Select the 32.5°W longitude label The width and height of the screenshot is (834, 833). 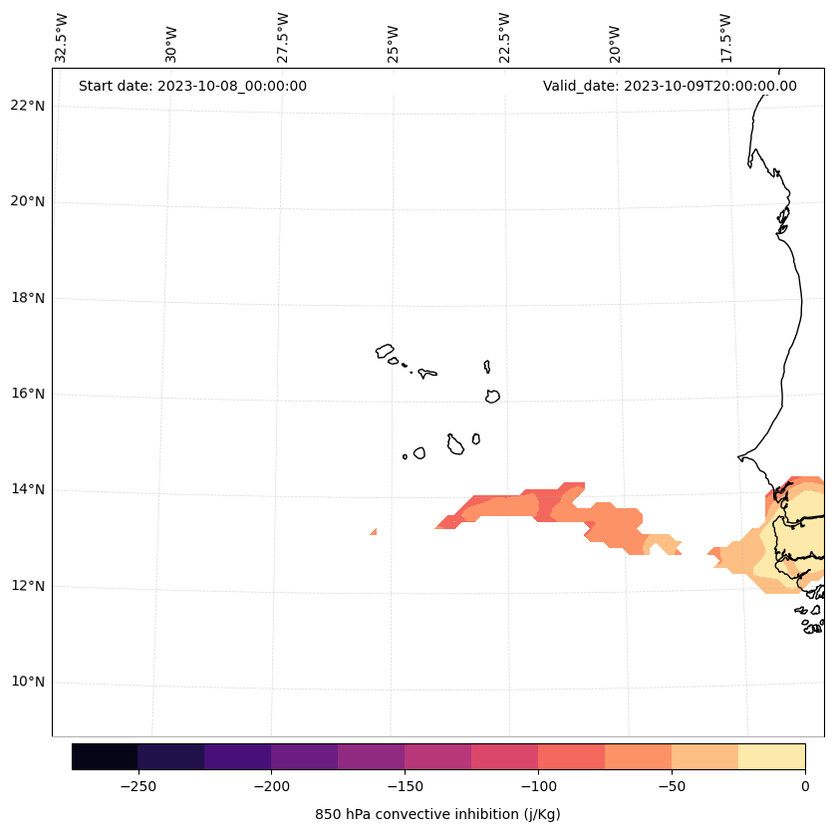(62, 38)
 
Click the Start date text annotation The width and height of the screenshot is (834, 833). (192, 86)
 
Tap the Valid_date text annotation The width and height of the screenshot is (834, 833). (670, 86)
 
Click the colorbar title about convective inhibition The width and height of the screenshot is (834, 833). (437, 814)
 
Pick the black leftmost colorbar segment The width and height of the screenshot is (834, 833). (105, 756)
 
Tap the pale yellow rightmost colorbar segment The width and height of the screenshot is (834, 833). (771, 756)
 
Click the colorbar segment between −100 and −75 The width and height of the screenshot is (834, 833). (571, 756)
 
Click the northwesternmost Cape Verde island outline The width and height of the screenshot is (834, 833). (385, 351)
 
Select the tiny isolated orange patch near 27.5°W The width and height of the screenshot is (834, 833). (374, 532)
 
